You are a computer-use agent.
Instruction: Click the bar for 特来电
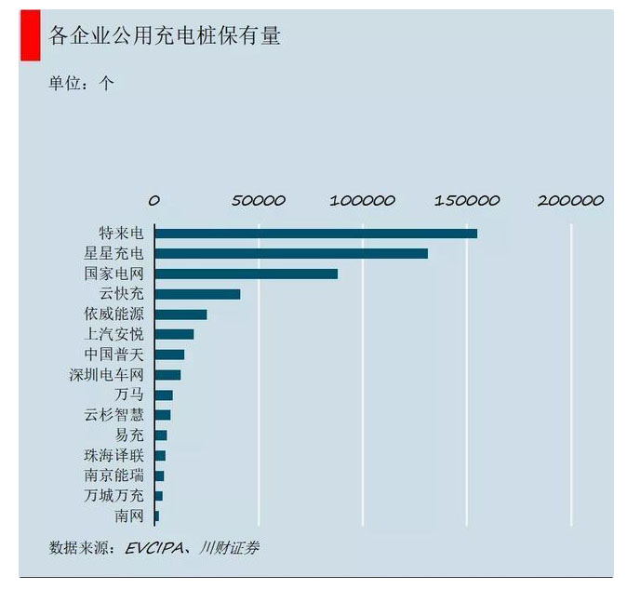316,233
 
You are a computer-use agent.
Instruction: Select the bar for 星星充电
291,253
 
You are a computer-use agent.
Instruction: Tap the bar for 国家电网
247,274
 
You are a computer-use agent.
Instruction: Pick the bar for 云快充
197,294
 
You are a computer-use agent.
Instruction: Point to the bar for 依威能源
180,315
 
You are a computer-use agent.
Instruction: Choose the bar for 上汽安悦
174,334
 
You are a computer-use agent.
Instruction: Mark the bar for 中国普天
169,355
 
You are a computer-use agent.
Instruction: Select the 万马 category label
128,395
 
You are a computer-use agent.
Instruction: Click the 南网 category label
128,515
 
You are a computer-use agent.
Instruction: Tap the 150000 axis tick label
467,200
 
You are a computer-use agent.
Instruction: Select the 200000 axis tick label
571,200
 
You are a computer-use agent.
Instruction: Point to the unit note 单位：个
82,83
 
